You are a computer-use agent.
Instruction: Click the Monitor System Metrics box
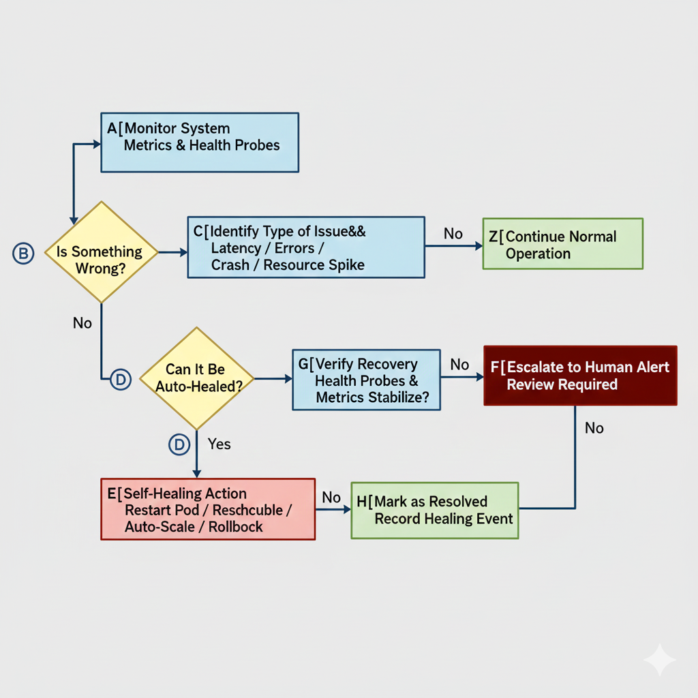(200, 142)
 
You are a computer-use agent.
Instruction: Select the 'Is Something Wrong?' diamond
(100, 252)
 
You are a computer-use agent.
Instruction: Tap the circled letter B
(22, 254)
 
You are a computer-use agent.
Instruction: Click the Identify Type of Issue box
(306, 247)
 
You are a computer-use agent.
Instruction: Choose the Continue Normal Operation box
(562, 243)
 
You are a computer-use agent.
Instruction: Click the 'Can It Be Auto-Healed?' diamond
(196, 378)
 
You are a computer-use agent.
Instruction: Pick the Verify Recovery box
(366, 380)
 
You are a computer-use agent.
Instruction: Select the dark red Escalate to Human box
(580, 376)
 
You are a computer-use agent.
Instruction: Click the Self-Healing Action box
(208, 509)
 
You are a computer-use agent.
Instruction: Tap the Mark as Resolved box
(434, 510)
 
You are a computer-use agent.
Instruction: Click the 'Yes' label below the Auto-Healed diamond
(219, 444)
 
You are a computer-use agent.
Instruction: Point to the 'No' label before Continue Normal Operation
(453, 234)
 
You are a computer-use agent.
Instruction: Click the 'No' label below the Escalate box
(594, 428)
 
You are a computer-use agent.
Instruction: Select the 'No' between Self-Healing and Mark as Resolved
(331, 498)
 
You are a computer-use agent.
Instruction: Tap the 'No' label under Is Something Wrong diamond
(82, 323)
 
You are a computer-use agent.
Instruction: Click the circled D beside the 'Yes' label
(179, 445)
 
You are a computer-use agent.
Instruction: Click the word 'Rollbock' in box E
(236, 526)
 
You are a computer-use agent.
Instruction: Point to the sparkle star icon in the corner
(659, 659)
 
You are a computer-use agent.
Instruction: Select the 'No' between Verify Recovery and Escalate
(459, 365)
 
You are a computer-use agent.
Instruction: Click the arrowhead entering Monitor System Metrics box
(97, 144)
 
